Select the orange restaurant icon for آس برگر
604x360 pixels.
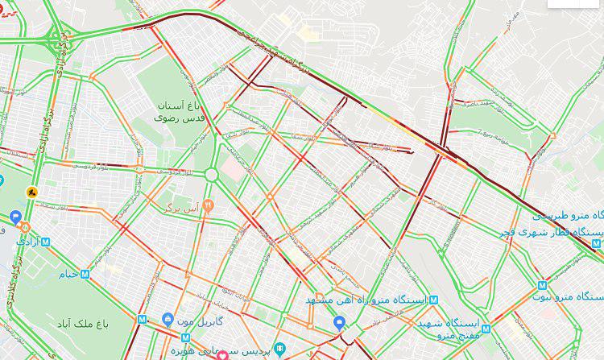[x=208, y=205]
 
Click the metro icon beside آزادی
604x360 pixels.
[x=45, y=242]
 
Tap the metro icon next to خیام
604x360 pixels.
[x=86, y=274]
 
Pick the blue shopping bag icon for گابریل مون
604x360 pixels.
[x=168, y=320]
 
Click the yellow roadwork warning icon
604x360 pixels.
[x=32, y=192]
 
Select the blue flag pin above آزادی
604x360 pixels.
[x=15, y=217]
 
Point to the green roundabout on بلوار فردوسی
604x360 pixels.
[x=211, y=174]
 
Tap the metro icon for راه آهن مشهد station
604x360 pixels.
[x=435, y=300]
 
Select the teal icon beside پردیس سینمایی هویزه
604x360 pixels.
[x=279, y=350]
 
